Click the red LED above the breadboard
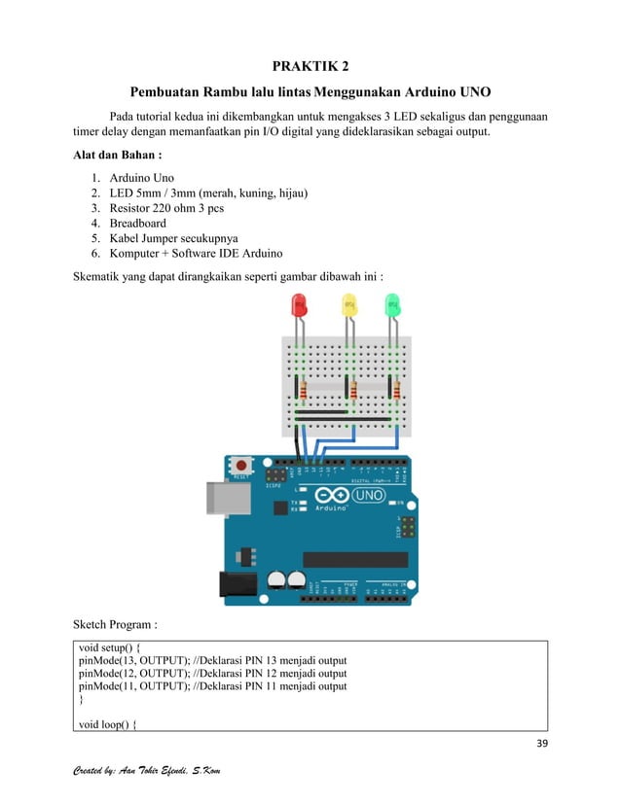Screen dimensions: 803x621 coord(299,306)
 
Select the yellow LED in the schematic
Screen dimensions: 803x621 coord(347,306)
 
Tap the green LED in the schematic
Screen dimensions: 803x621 coord(392,306)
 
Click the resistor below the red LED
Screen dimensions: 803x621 coord(304,391)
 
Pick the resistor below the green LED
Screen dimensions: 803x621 coord(396,391)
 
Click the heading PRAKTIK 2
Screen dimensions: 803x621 coord(310,67)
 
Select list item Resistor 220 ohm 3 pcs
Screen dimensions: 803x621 coord(166,208)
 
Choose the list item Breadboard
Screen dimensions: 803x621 coord(137,223)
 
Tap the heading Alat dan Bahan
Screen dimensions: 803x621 coord(118,156)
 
